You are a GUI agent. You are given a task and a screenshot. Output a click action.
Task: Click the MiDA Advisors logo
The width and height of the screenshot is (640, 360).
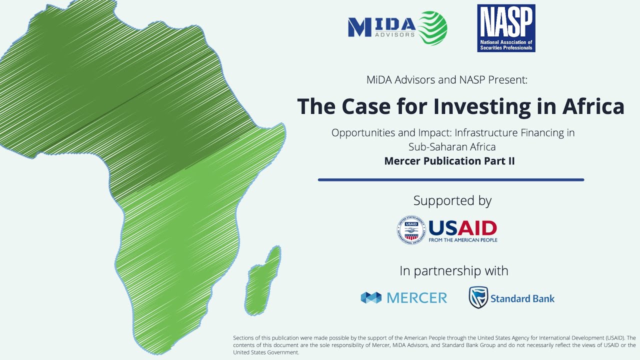(397, 28)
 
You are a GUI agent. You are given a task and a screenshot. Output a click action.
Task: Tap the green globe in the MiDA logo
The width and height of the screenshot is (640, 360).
(432, 28)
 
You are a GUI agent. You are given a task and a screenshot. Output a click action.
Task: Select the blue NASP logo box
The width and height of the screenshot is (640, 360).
(506, 28)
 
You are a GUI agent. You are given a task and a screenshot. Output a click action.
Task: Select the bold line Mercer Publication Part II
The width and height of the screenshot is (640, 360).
(449, 161)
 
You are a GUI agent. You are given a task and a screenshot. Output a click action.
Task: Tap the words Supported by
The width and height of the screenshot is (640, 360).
(452, 200)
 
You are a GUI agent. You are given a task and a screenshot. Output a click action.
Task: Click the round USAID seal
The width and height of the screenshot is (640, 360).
(411, 230)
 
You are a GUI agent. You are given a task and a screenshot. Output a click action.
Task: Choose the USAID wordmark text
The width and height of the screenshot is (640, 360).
(462, 229)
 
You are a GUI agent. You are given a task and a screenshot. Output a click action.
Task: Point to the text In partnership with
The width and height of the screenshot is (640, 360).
(453, 271)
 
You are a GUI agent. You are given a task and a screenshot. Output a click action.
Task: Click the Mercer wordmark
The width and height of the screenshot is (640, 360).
(417, 298)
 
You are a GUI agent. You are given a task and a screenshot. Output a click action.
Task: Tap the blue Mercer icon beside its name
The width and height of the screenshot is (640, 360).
(371, 298)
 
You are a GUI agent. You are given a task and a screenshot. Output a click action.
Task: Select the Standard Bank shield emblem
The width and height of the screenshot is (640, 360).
(478, 297)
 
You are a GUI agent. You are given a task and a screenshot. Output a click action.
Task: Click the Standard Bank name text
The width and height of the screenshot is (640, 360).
(522, 299)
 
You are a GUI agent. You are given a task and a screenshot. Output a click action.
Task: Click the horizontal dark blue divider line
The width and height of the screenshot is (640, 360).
(450, 180)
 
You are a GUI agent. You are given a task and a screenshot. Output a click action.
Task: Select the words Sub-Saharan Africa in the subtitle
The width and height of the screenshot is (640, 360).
(452, 147)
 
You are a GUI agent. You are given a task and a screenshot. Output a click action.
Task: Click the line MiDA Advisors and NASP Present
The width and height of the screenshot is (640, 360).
(446, 79)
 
